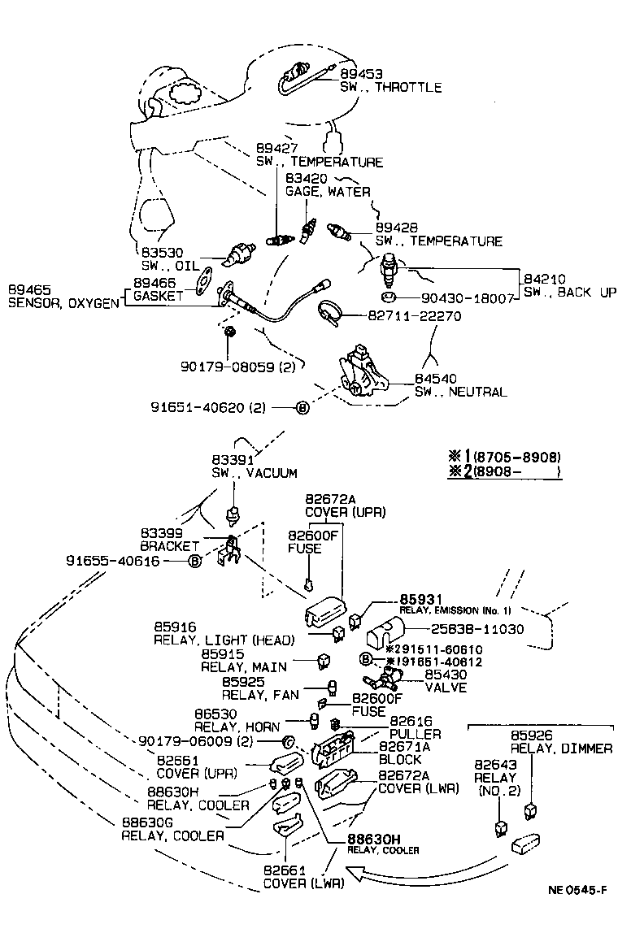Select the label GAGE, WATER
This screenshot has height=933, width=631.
tap(328, 192)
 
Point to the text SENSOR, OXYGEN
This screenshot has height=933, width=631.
tap(63, 302)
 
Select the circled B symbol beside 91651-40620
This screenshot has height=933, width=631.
tap(302, 408)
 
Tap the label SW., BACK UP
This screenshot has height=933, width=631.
tap(569, 293)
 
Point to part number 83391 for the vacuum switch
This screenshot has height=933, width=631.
tap(231, 459)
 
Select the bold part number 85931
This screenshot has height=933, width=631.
tap(419, 599)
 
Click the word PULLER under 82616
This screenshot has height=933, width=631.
tap(416, 734)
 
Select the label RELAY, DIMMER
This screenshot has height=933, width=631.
tap(561, 749)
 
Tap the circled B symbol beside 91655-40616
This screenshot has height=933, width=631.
tap(195, 561)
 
